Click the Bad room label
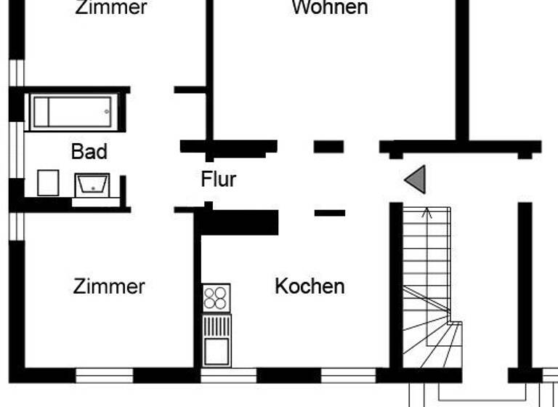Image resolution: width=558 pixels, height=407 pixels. pos(89,151)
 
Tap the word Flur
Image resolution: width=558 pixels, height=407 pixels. pos(219,179)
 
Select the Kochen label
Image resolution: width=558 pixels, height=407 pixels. pos(310,286)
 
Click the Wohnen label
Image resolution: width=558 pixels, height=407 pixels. pos(329,8)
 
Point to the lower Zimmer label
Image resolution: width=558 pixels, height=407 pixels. pos(109,286)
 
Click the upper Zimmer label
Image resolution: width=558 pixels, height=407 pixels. pos(110,8)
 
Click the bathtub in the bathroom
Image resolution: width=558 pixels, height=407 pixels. pos(73,111)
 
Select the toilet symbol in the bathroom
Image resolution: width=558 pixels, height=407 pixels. pos(48,182)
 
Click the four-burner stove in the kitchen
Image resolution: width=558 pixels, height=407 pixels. pos(217,298)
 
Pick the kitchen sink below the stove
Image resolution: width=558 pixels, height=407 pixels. pos(217,352)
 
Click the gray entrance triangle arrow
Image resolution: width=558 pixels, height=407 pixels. pos(416,180)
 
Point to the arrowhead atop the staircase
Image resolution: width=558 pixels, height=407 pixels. pos(427,214)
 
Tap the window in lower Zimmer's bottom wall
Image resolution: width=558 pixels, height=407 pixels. pos(105,375)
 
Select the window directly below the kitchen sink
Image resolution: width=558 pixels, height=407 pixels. pos(228,375)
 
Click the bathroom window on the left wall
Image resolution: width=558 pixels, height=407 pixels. pos(17,153)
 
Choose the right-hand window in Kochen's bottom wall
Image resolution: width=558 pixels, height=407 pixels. pos(348,375)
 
